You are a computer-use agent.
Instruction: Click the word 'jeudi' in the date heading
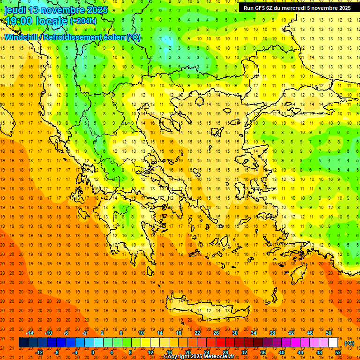15,10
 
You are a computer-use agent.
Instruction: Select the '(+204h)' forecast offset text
83,21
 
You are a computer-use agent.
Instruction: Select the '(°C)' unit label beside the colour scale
349,343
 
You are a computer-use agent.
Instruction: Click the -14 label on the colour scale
30,333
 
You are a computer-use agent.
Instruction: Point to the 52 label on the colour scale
337,352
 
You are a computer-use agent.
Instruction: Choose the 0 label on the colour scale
92,352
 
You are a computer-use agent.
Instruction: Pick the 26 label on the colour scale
216,333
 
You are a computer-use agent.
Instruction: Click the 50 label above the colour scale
328,333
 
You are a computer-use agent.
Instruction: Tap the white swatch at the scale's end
333,343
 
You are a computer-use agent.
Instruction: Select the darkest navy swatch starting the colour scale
23,343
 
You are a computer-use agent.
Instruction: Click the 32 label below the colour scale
244,352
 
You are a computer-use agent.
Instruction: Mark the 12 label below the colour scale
150,352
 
